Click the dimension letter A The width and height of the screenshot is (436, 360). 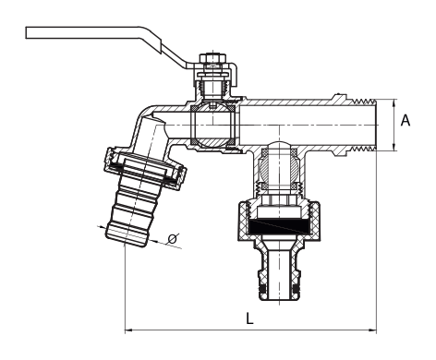(406, 120)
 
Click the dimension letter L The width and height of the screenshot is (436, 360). (249, 318)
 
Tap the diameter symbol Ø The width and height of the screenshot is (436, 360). (173, 239)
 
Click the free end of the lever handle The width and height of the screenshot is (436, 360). (28, 33)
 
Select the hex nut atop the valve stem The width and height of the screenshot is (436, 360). (212, 58)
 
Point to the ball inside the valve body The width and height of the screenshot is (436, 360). (212, 125)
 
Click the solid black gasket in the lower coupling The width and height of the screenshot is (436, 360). (279, 226)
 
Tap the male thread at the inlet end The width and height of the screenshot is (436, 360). (364, 125)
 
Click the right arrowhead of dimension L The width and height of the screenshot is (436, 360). (373, 330)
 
